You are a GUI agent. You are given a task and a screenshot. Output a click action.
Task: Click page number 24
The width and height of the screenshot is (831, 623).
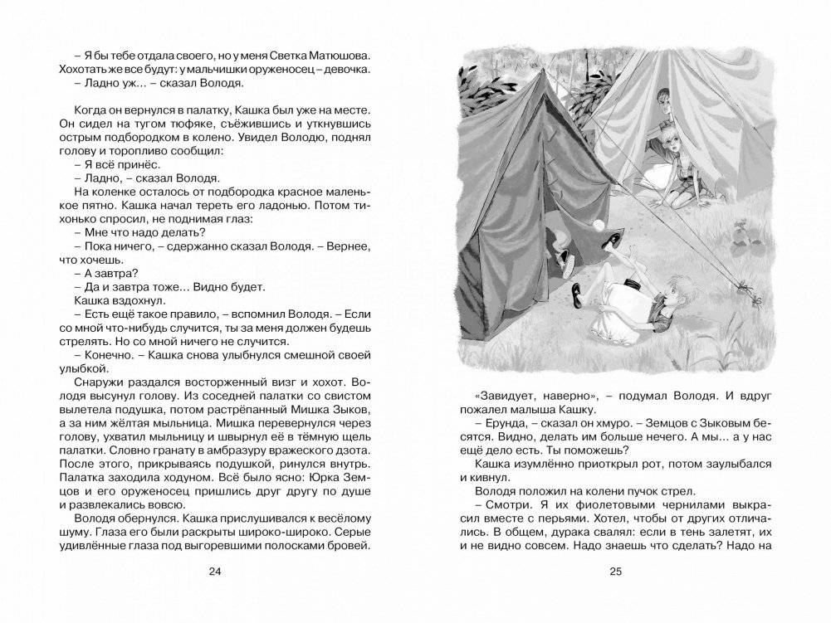pyautogui.click(x=216, y=571)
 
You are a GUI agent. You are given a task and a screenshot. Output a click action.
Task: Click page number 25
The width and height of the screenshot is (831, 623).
pyautogui.click(x=615, y=571)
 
